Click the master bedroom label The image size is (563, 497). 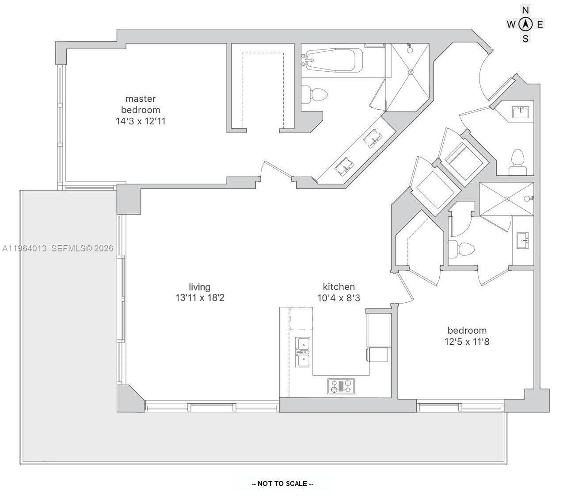click(x=141, y=104)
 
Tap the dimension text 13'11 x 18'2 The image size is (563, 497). click(x=200, y=298)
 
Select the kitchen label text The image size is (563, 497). click(x=339, y=286)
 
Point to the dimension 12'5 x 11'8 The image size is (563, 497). click(x=467, y=342)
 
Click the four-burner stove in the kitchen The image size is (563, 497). click(x=341, y=386)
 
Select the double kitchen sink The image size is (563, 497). click(x=303, y=352)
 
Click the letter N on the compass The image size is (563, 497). click(x=525, y=10)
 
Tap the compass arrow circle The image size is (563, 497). click(x=525, y=24)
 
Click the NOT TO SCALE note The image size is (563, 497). click(x=282, y=484)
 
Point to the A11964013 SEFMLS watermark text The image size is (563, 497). click(x=57, y=249)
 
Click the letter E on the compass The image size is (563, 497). click(x=540, y=24)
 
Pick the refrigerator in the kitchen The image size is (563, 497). click(x=378, y=330)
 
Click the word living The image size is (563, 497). click(x=199, y=287)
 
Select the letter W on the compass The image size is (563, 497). click(x=511, y=24)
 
